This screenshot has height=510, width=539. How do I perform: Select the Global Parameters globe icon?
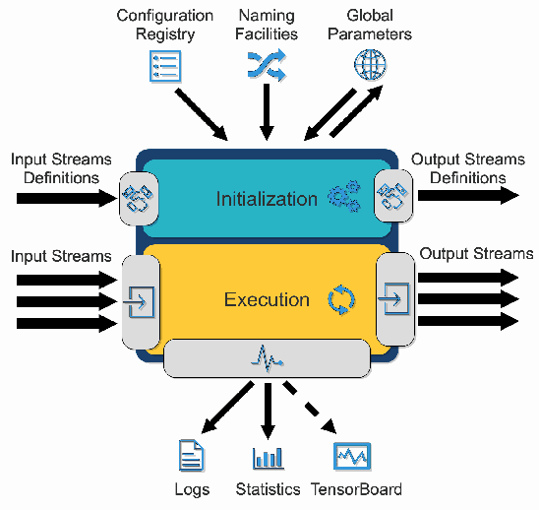click(x=370, y=64)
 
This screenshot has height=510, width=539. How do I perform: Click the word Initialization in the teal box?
click(x=267, y=199)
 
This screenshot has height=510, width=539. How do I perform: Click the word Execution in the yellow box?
click(x=267, y=299)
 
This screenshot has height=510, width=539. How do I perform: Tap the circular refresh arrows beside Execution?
click(x=340, y=299)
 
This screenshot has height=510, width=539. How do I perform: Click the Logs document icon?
click(x=191, y=456)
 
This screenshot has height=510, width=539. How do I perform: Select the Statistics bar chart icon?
click(x=268, y=457)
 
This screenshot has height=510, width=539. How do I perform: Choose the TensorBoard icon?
click(x=351, y=456)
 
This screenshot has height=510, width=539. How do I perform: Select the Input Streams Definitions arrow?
click(x=65, y=198)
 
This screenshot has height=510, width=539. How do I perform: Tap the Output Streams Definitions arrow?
click(x=468, y=195)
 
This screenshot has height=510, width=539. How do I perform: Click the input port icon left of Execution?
click(x=139, y=298)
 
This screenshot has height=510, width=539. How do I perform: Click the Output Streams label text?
click(x=476, y=254)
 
